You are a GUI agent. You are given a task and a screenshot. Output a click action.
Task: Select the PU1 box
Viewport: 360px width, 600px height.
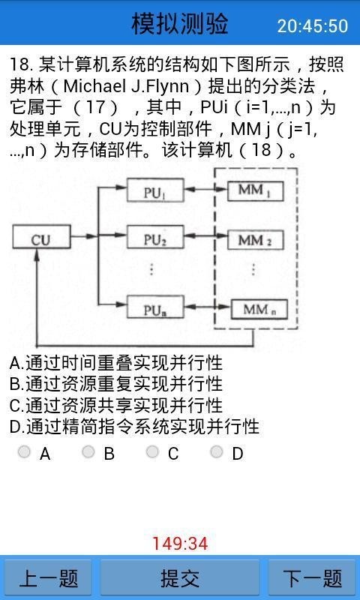pos(154,192)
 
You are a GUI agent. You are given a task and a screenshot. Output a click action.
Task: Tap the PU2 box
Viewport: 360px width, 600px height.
pos(154,240)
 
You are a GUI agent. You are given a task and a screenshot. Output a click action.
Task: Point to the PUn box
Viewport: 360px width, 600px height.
pos(154,307)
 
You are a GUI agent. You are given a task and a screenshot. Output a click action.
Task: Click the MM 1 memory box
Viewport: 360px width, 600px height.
pos(253,192)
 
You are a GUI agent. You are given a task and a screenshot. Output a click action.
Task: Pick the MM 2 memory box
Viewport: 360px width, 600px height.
pos(253,240)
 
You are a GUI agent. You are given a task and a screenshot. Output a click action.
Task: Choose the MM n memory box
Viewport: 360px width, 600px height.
pos(253,307)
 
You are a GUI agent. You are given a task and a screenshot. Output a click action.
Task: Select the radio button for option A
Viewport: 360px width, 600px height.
pos(25,452)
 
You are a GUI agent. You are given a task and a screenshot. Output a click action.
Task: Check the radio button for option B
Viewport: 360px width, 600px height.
pos(88,452)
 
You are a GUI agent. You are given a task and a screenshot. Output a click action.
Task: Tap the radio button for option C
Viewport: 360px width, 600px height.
pos(153,452)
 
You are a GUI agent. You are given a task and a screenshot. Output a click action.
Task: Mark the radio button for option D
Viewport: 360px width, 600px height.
pos(217,452)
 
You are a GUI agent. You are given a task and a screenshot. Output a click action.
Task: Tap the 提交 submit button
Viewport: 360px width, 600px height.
pos(180,578)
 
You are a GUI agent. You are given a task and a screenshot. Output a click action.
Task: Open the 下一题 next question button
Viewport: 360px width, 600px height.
pos(312,578)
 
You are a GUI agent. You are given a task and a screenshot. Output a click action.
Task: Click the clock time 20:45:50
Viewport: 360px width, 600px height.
pos(312,25)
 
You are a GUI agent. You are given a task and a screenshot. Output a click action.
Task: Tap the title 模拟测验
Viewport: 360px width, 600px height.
pos(180,24)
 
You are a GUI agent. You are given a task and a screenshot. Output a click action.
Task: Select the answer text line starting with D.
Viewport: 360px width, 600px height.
pos(135,427)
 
